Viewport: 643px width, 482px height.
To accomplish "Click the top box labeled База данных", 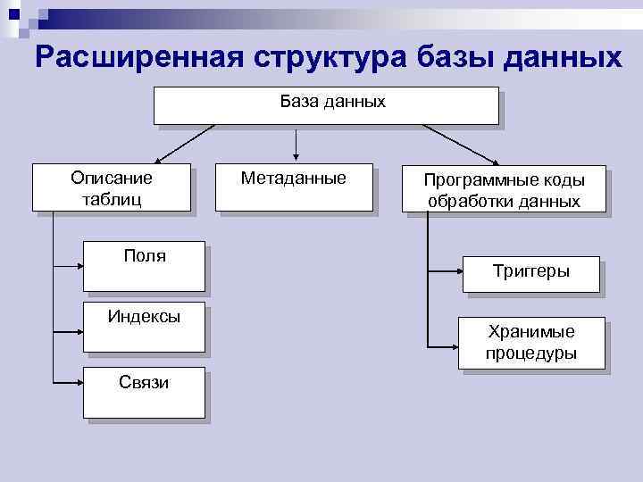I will pos(326,104).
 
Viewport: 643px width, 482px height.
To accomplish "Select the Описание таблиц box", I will pos(112,187).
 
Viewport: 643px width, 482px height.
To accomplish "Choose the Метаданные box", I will pos(294,187).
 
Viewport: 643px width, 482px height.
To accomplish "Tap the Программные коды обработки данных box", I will pos(504,189).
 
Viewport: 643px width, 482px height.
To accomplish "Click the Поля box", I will pos(144,266).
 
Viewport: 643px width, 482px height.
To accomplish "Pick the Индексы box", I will pos(144,326).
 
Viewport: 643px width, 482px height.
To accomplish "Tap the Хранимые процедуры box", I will pos(530,343).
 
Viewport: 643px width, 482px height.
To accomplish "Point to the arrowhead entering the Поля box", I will pos(79,265).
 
